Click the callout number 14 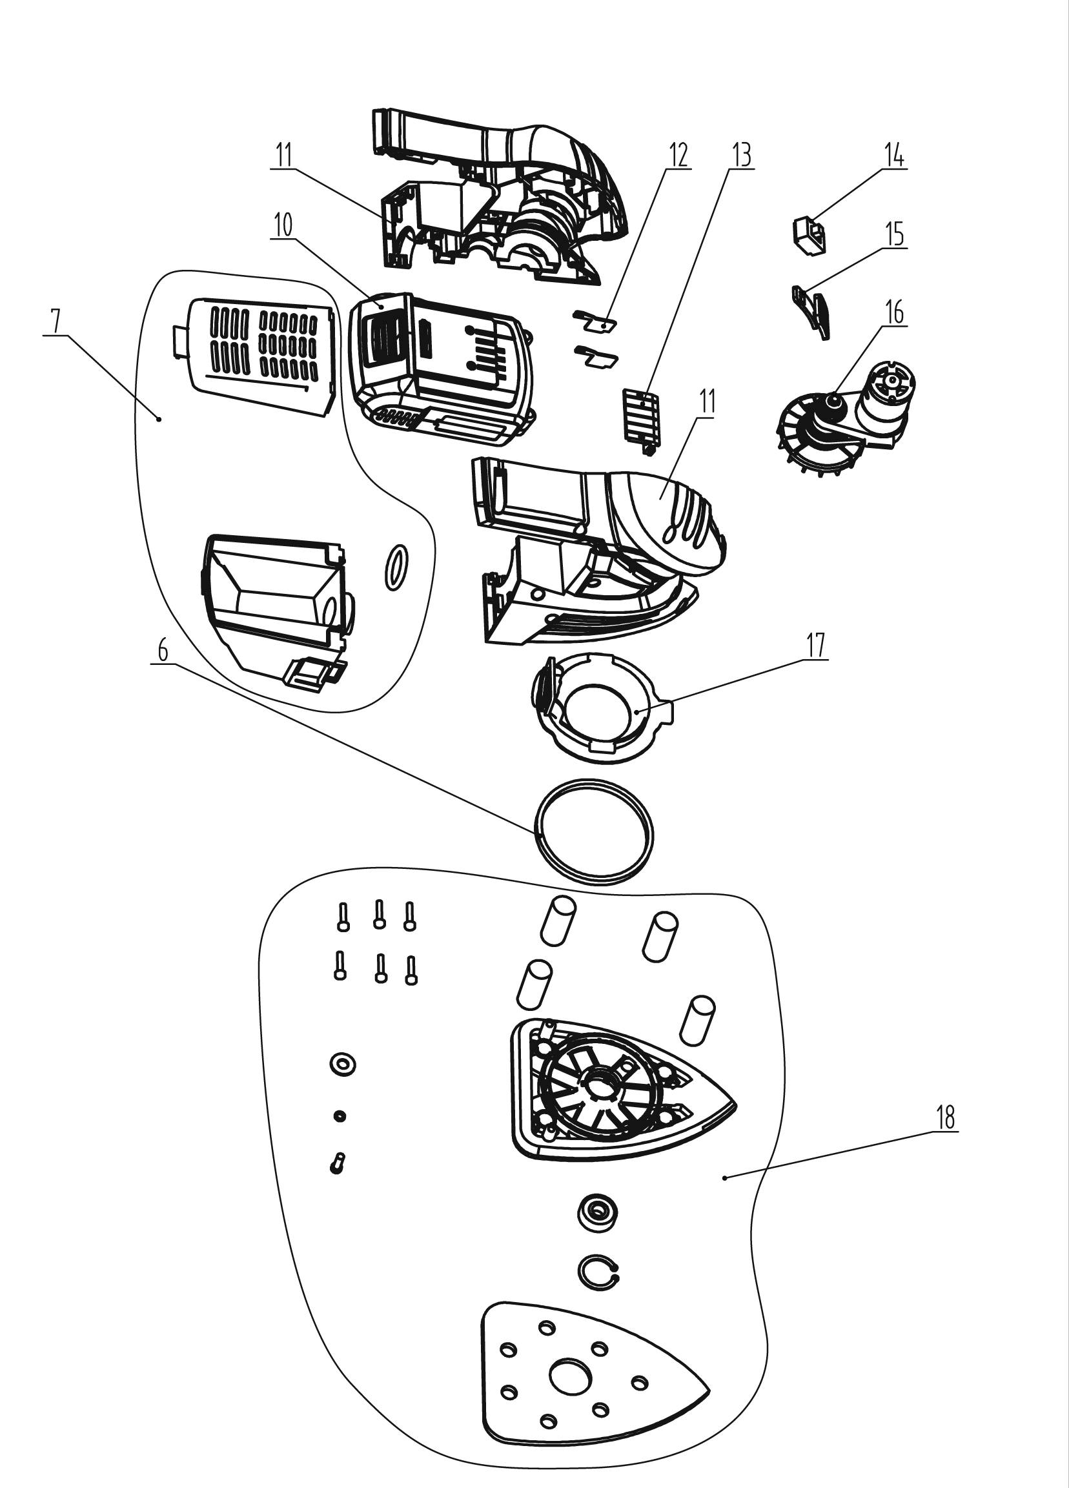point(894,157)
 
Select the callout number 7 point(55,321)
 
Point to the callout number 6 point(163,651)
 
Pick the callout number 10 point(283,225)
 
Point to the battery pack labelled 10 point(442,367)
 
